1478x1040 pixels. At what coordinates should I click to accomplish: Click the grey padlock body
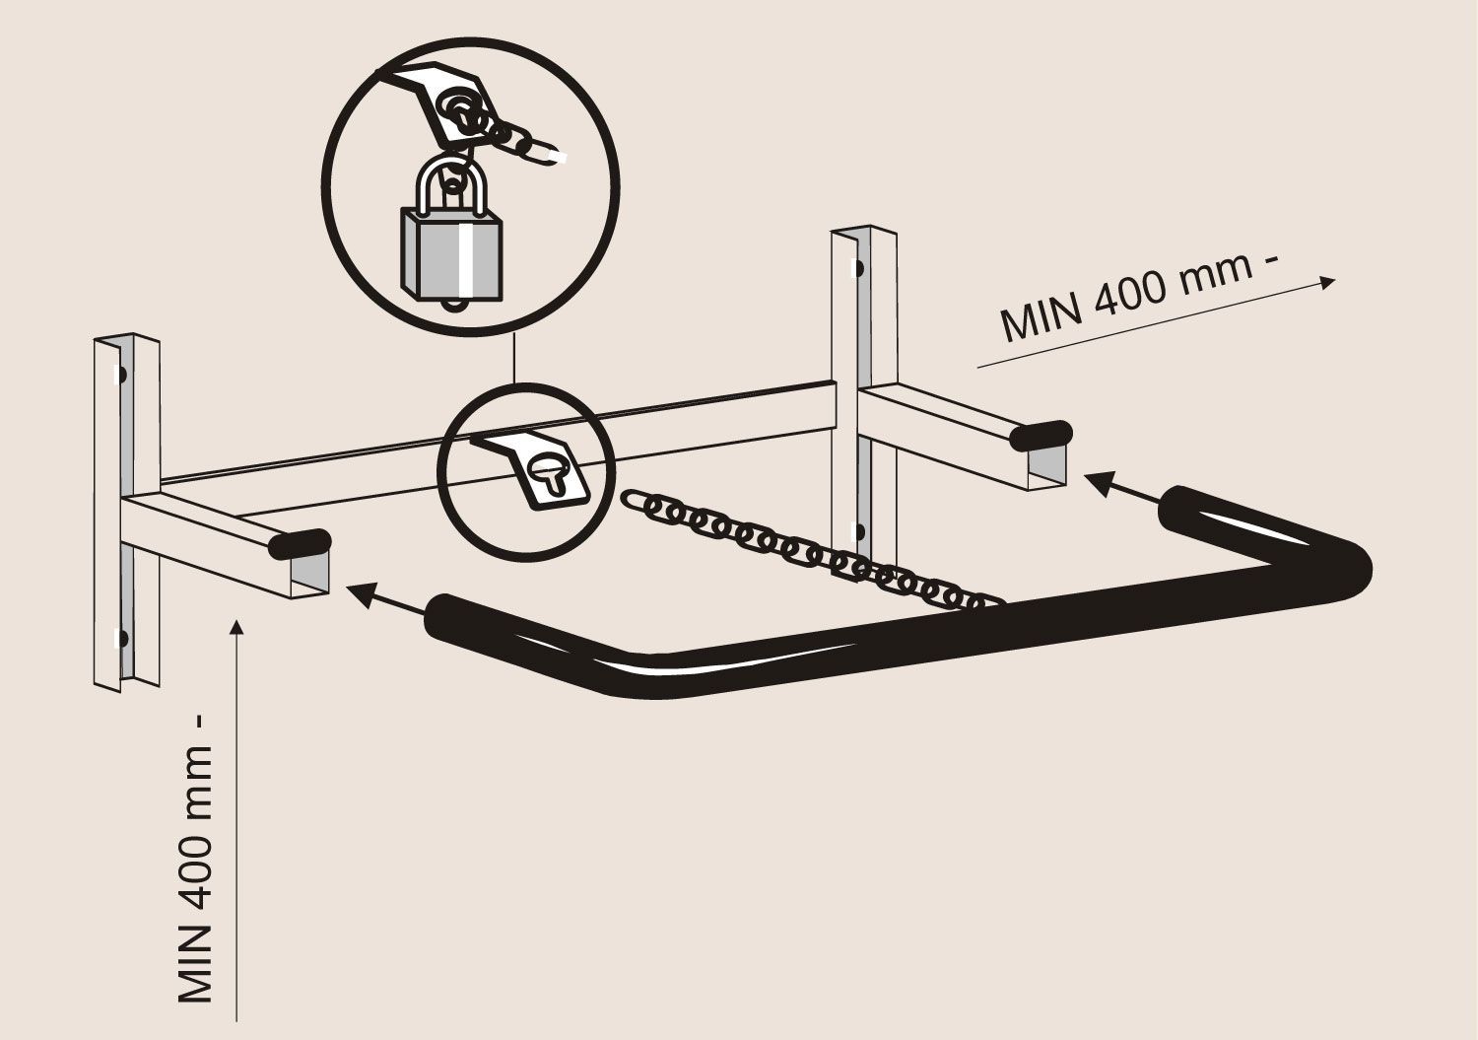(x=451, y=253)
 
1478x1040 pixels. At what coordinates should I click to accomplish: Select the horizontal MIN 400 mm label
(x=1139, y=296)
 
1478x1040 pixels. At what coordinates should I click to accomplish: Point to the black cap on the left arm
(x=300, y=544)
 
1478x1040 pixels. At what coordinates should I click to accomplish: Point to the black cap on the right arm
(x=1041, y=435)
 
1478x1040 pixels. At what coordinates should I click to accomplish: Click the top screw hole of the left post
(x=121, y=375)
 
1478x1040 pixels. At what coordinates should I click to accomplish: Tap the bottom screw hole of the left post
(x=121, y=639)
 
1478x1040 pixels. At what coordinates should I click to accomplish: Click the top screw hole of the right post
(x=859, y=269)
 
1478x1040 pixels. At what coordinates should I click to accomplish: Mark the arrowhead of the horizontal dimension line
(x=1325, y=283)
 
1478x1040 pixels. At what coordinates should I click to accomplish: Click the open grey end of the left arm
(x=310, y=575)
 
